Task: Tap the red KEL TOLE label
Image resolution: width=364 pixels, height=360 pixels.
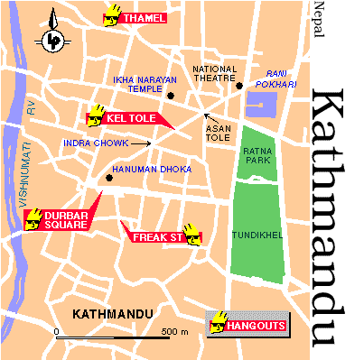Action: [x=129, y=118]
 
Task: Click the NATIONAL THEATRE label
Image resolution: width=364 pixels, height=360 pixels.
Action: [x=215, y=73]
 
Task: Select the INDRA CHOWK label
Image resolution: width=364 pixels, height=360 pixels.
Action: [x=94, y=143]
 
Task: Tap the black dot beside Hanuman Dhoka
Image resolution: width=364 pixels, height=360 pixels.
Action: [x=109, y=177]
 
